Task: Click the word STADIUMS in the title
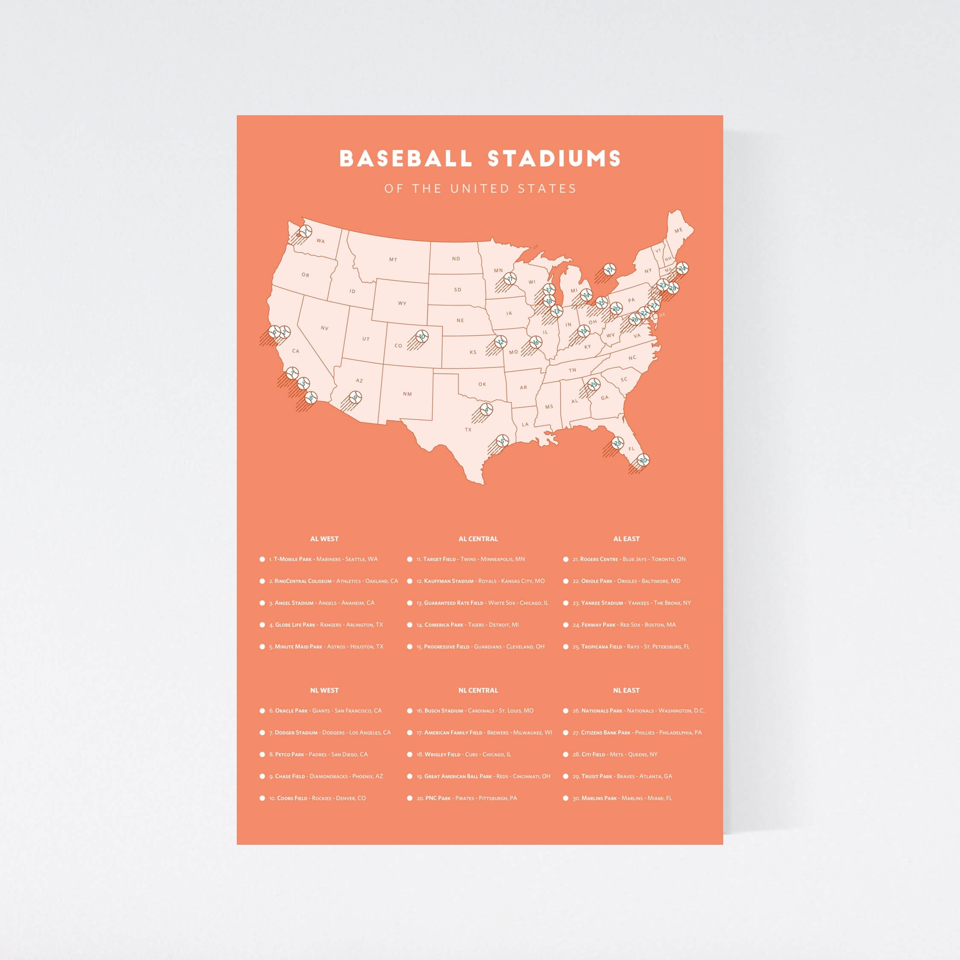click(x=554, y=159)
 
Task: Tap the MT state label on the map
click(x=393, y=259)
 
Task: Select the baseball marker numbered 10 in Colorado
click(x=422, y=336)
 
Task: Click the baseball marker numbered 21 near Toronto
click(x=610, y=270)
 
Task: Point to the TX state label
click(x=468, y=429)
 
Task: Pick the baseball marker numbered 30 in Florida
click(x=643, y=460)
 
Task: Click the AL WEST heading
click(x=324, y=538)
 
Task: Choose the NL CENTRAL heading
click(x=477, y=690)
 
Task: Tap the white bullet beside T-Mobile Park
click(x=262, y=559)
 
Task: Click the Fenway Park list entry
click(x=624, y=625)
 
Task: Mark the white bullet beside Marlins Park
click(x=565, y=798)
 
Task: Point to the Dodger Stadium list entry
click(x=330, y=733)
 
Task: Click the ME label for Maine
click(x=678, y=230)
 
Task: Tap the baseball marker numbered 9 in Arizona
click(x=355, y=397)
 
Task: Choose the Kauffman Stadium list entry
click(x=480, y=581)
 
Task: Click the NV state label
click(x=324, y=328)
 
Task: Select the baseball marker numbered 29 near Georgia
click(x=594, y=384)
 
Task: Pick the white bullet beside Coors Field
click(x=262, y=798)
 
